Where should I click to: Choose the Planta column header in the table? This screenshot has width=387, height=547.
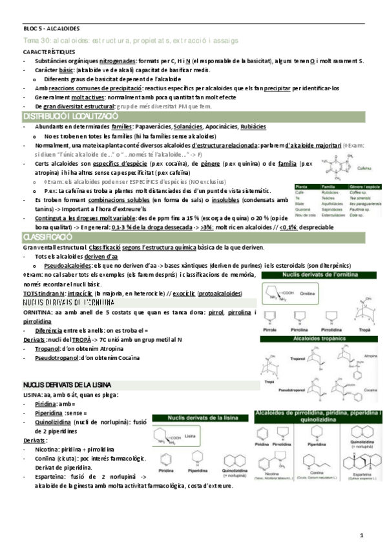(x=301, y=186)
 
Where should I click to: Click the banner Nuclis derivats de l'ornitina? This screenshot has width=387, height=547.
(x=321, y=276)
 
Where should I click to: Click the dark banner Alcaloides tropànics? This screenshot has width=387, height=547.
(x=321, y=337)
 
